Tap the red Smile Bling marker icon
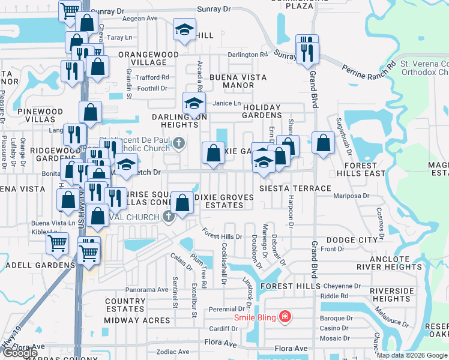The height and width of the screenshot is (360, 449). (x=285, y=316)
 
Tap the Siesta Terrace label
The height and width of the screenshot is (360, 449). (x=286, y=188)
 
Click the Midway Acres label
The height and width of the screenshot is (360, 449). (x=137, y=320)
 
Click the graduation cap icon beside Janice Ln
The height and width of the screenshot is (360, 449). (x=194, y=103)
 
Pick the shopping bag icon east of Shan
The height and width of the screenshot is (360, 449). (x=323, y=143)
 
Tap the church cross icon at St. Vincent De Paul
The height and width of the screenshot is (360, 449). (x=178, y=143)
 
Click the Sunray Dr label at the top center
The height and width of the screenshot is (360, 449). (x=215, y=10)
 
